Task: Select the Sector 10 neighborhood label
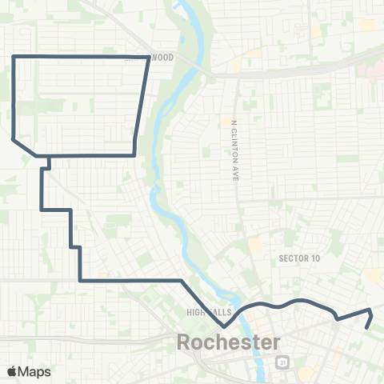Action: pos(299,258)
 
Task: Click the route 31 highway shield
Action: pos(282,362)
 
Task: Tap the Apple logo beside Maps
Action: pos(11,371)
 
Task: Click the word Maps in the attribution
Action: pos(34,371)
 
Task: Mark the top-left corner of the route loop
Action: pos(14,56)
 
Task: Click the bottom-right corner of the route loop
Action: pos(133,154)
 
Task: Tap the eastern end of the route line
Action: pos(366,327)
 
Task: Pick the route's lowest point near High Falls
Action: pos(225,326)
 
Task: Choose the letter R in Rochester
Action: pos(184,343)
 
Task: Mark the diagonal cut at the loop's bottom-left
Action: pos(24,146)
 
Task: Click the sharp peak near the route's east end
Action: pos(370,310)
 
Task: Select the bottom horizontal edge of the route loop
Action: pos(84,154)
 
